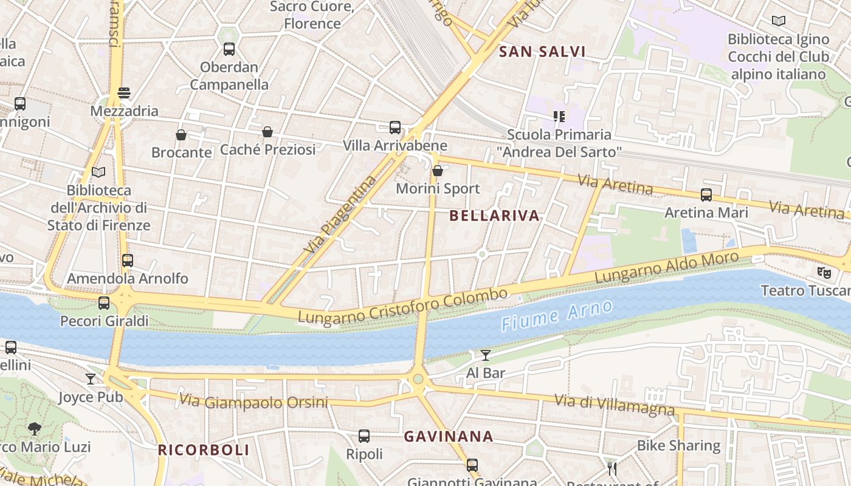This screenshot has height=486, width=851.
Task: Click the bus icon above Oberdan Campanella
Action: (x=229, y=49)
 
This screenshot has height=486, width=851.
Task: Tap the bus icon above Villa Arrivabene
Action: (x=395, y=128)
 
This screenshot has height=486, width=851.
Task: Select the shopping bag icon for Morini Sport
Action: (x=437, y=171)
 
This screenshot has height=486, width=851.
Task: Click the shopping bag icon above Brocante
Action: (x=181, y=134)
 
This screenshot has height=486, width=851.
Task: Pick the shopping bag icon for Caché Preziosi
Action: (x=267, y=131)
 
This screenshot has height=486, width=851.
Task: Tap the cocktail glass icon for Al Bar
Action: (x=486, y=355)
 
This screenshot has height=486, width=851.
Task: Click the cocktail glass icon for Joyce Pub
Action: (x=91, y=379)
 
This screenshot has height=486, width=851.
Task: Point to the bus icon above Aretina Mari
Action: (x=706, y=195)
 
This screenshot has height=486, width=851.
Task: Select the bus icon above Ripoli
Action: (x=364, y=436)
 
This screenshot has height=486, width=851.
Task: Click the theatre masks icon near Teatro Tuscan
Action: (x=824, y=272)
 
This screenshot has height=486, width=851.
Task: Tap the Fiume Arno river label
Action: (x=557, y=317)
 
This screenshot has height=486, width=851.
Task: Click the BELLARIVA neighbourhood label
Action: (x=495, y=216)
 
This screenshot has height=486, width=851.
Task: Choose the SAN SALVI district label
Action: (x=542, y=52)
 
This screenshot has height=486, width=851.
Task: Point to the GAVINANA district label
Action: (x=449, y=436)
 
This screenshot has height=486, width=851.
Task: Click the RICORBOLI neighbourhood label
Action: (x=204, y=450)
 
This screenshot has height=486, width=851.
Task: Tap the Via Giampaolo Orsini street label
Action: (x=253, y=402)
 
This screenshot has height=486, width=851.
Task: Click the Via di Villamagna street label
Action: (x=615, y=405)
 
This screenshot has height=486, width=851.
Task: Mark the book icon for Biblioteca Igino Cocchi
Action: (x=778, y=21)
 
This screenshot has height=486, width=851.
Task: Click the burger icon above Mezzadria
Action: (x=124, y=93)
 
